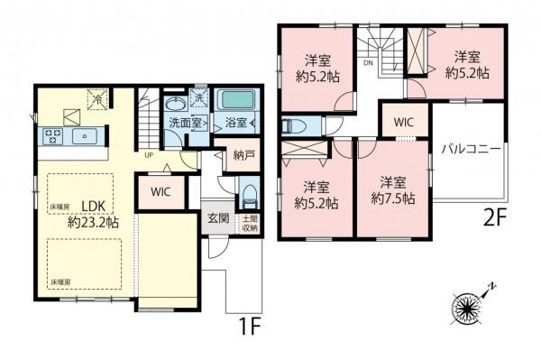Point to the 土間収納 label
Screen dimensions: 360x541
point(249,223)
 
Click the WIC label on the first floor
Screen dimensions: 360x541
point(160,191)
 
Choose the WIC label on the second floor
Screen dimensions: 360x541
point(401,120)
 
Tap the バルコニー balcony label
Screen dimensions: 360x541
point(471,149)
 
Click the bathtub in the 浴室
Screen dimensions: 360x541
point(237,99)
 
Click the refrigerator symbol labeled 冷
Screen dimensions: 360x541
point(94,100)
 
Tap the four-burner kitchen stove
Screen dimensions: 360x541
point(51,136)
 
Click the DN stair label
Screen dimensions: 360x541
point(368,65)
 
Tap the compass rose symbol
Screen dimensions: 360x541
point(470,308)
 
